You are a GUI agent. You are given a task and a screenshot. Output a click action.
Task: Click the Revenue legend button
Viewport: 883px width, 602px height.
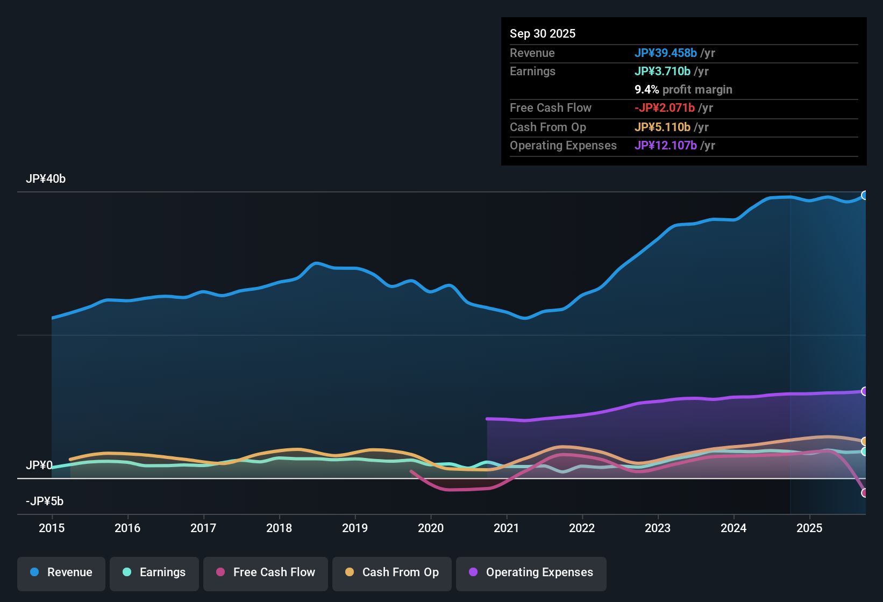61,572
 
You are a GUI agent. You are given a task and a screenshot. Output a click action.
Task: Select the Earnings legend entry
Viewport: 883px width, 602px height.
154,572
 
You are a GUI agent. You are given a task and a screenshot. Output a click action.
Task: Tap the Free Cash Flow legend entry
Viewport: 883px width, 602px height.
266,572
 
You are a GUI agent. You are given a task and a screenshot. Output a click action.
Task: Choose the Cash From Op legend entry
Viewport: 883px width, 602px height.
392,572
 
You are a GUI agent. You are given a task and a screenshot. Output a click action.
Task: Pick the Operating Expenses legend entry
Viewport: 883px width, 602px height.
531,572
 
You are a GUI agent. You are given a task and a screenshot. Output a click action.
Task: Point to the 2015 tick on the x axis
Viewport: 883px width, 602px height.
52,528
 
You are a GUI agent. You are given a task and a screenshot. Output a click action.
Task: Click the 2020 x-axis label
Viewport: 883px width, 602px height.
431,528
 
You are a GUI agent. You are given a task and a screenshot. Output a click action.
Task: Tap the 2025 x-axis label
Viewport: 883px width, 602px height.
809,528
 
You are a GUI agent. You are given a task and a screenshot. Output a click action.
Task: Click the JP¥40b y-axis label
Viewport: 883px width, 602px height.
46,179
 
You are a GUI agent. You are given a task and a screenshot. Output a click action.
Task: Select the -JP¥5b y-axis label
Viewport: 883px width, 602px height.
45,501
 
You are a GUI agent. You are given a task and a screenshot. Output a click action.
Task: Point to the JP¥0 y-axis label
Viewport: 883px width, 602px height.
39,465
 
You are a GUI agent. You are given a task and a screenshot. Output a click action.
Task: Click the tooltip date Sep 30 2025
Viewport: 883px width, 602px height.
542,33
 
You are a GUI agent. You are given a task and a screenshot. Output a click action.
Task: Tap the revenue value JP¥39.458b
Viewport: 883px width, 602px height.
665,53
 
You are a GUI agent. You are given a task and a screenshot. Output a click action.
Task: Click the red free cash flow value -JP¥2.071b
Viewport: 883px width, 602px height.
664,107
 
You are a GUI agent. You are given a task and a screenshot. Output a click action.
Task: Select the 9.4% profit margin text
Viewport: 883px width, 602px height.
683,89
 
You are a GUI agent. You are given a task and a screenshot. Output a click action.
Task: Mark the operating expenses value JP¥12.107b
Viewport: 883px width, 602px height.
665,145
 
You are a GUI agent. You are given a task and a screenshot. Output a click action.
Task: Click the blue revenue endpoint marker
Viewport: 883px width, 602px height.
864,195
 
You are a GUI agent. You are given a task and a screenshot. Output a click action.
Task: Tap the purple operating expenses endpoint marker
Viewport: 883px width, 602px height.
864,391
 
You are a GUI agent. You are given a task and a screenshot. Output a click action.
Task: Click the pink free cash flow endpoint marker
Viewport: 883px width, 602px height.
864,492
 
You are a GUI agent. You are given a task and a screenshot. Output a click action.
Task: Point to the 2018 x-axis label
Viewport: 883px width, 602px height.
279,528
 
